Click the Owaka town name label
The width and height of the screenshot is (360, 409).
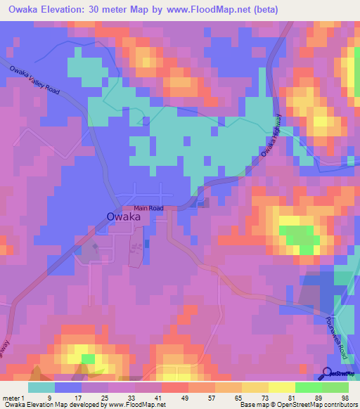122,217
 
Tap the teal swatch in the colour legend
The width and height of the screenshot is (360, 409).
41,387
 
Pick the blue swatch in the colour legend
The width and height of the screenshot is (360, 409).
68,387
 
